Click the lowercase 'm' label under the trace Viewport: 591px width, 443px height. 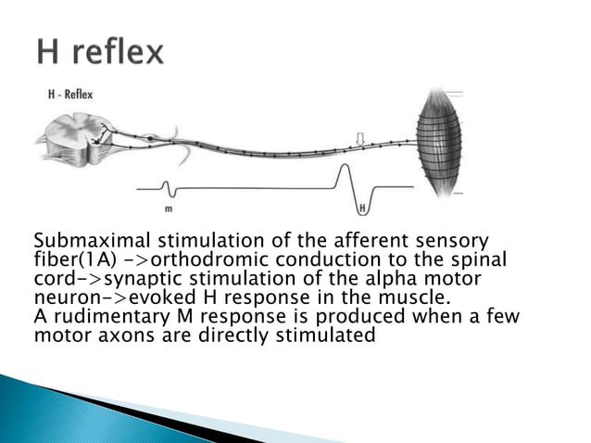pyautogui.click(x=168, y=209)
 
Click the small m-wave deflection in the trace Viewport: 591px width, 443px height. pyautogui.click(x=170, y=192)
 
